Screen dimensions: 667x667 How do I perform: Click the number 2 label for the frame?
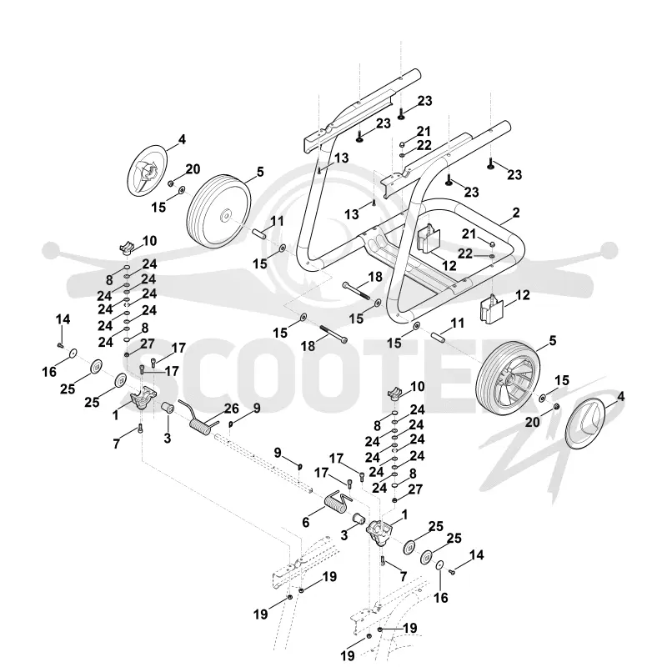516,213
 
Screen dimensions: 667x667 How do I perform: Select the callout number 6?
305,522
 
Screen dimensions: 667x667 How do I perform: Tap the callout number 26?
232,409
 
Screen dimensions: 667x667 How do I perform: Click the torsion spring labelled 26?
199,419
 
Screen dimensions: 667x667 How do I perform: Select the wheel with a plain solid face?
218,211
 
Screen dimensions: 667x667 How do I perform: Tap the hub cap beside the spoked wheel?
584,424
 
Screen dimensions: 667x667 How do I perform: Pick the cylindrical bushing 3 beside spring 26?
168,411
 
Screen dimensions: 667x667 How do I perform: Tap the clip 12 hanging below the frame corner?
491,308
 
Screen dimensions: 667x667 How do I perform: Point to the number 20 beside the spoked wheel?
532,422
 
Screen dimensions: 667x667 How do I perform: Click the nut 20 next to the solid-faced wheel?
170,183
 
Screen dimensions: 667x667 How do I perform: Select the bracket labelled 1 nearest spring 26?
143,397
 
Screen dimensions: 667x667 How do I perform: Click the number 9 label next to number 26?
257,408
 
